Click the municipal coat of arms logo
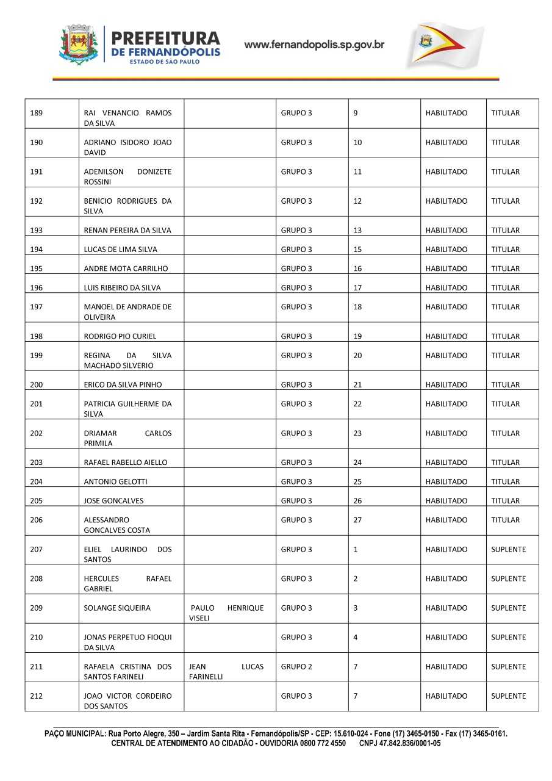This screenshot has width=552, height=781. coord(78,45)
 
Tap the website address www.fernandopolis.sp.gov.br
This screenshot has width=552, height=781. coord(314,45)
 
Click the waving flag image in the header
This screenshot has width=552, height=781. coord(445,45)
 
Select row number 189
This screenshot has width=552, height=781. coord(37,113)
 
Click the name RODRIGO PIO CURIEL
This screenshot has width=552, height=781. coord(120,336)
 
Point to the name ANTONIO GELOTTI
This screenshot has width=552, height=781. coord(115,481)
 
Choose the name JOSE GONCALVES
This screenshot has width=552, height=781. coord(114,501)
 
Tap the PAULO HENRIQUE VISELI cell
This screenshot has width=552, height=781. coord(227,613)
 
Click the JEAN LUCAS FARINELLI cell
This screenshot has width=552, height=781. coord(227,672)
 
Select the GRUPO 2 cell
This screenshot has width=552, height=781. coord(296,667)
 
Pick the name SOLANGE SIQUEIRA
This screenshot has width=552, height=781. coord(117,608)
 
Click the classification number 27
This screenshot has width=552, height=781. coord(358,520)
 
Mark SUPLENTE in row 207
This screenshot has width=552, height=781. coord(508,550)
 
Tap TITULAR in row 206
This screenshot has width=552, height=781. coord(506,520)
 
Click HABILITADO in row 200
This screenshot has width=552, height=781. coord(446,385)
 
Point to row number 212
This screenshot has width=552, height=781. coord(37,696)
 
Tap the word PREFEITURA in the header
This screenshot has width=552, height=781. coord(166,38)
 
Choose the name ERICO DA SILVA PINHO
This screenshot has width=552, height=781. coord(123,385)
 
